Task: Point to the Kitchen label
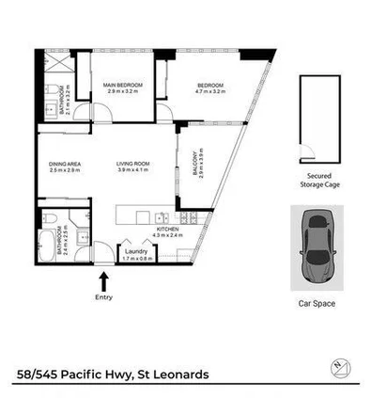click(x=167, y=229)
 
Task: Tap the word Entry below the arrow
click(x=103, y=297)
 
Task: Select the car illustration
click(x=317, y=248)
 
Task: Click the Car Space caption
click(x=317, y=304)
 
